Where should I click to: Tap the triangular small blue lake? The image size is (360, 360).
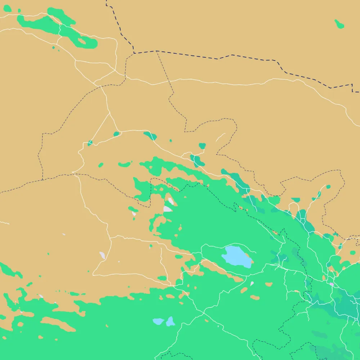pyautogui.click(x=170, y=321)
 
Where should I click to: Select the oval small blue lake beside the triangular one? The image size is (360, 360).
pyautogui.click(x=158, y=321)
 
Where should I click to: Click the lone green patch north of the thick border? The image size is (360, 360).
pyautogui.click(x=339, y=24)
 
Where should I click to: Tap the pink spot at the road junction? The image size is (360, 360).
pyautogui.click(x=332, y=284)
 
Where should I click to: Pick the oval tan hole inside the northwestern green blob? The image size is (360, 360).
pyautogui.click(x=82, y=41)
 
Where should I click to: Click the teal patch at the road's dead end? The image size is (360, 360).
pyautogui.click(x=202, y=146)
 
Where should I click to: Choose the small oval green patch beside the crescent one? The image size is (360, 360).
pyautogui.click(x=101, y=165)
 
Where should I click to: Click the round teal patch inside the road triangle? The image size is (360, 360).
pyautogui.click(x=116, y=134)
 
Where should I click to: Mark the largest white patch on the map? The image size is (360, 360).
pyautogui.click(x=167, y=209)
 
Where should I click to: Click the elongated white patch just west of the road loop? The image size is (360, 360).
pyautogui.click(x=102, y=256)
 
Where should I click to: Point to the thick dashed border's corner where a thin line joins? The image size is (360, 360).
pyautogui.click(x=157, y=51)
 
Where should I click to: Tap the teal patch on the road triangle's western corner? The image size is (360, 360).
pyautogui.click(x=90, y=143)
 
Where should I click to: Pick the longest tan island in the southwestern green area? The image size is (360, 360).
pyautogui.click(x=58, y=324)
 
